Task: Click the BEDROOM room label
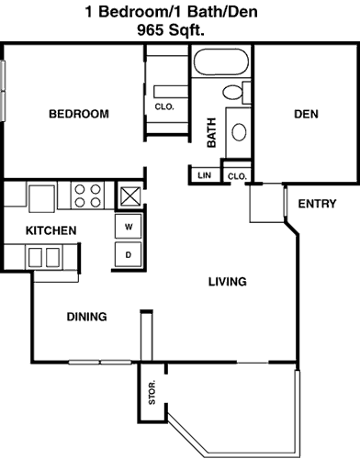(x=79, y=114)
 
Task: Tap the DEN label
(x=306, y=114)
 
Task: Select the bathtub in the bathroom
(x=221, y=62)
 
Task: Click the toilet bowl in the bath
(x=232, y=92)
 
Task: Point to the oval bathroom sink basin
(x=239, y=132)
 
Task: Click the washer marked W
(x=129, y=227)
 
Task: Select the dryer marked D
(x=129, y=254)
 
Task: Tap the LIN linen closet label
(x=204, y=175)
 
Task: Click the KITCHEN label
(x=51, y=230)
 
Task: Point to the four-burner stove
(x=87, y=196)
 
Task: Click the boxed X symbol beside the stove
(x=130, y=196)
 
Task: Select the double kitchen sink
(x=44, y=257)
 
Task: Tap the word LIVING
(x=228, y=282)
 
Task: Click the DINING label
(x=87, y=317)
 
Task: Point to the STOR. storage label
(x=152, y=392)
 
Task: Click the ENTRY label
(x=317, y=204)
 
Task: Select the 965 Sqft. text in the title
(x=171, y=30)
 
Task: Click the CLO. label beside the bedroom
(x=164, y=106)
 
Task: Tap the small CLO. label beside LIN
(x=237, y=176)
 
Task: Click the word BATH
(x=211, y=132)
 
